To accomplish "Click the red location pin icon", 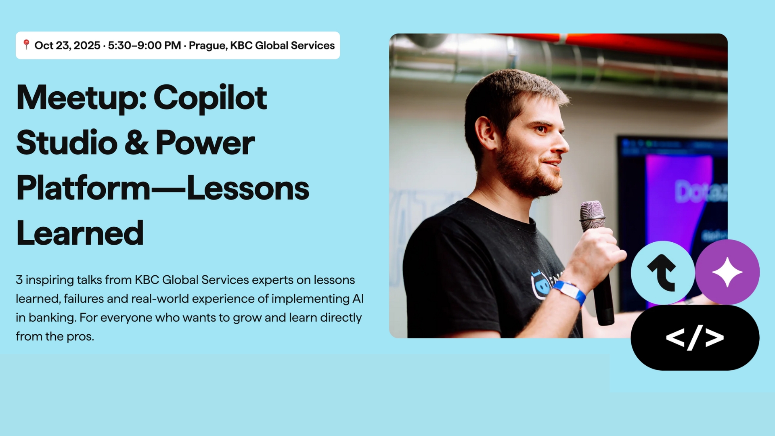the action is tap(26, 44).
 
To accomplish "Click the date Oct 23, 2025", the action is tap(67, 45).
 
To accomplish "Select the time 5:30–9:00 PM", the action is tap(145, 45).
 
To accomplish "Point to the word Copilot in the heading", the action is tap(210, 98).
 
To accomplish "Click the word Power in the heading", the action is tap(205, 143).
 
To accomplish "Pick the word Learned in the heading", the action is tap(80, 233).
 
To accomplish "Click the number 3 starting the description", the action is tap(19, 280).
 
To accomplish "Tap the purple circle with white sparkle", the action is tap(727, 272).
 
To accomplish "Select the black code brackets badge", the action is tap(695, 337).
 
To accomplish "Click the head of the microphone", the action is tap(593, 214).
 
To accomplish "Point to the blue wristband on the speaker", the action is tap(570, 292).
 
